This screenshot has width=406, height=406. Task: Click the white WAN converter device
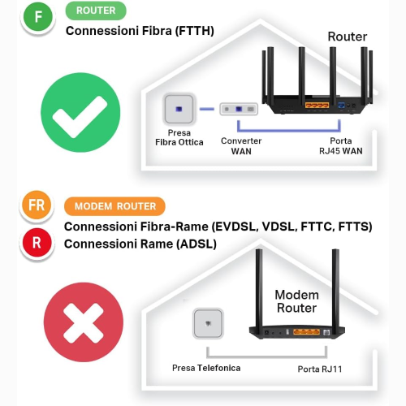coord(241,109)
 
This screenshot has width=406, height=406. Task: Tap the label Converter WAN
coord(241,145)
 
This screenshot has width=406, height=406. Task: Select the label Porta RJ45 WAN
coord(340,145)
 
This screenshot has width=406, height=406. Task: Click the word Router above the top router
coord(347,37)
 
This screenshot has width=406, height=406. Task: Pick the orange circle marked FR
coord(37,206)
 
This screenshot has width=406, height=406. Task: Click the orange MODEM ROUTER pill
coord(114,206)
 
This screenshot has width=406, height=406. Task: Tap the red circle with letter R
coord(37,241)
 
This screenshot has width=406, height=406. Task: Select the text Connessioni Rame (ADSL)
coord(140,243)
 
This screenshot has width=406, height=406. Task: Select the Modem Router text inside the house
coord(296,301)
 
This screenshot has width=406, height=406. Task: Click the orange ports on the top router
coord(316,105)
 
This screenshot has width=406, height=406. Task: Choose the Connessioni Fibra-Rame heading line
coord(218,226)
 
